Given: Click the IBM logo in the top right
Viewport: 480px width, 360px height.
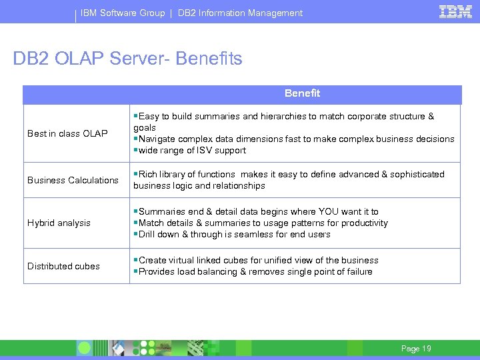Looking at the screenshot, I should point(456,11).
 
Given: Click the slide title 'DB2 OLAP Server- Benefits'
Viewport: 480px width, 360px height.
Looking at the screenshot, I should point(127,59).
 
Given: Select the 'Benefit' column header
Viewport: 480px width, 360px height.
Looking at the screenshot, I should point(302,93).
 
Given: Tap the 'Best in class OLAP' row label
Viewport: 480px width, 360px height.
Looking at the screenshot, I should point(67,133).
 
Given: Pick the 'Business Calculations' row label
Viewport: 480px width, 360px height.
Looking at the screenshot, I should point(73,180).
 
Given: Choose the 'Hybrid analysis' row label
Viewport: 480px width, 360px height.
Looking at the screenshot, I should point(59,223).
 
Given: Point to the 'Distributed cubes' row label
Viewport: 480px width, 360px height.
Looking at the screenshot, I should point(63,266).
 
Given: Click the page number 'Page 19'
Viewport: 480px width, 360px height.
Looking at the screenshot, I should point(416,349).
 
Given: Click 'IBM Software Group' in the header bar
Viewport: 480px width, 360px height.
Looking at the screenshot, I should point(123,13).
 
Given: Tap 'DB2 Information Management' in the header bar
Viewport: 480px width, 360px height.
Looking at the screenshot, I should point(240,13).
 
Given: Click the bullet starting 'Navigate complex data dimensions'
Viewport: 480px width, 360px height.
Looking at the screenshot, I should point(294,139).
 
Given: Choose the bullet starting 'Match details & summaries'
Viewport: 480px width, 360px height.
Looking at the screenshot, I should point(261,223).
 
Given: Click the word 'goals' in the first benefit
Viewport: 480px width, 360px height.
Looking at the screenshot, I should point(145,127).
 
